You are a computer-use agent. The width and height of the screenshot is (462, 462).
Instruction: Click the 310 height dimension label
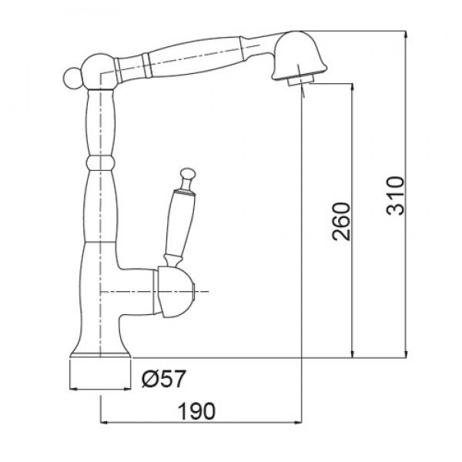point(395,196)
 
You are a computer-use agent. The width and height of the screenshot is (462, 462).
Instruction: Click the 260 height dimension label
point(341,221)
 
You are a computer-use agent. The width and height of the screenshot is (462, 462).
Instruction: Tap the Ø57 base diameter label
point(164,379)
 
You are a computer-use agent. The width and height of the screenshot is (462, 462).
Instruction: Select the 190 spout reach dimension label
point(197,411)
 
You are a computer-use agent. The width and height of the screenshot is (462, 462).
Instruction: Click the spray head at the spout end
point(299,56)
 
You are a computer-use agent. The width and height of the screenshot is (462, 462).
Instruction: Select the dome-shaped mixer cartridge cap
point(175,292)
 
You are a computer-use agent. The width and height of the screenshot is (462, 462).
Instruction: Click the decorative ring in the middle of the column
point(99,163)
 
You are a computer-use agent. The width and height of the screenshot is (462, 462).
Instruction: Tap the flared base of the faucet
point(100,350)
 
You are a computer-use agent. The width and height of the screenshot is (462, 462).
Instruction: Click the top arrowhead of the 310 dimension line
point(407,34)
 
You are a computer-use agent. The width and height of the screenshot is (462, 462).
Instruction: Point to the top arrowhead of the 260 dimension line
point(353,87)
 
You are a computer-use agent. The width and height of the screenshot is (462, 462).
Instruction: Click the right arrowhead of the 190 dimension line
point(298,423)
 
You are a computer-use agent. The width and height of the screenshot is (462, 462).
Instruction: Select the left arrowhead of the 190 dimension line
point(104,423)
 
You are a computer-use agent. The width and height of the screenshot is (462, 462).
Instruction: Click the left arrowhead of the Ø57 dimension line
point(73,389)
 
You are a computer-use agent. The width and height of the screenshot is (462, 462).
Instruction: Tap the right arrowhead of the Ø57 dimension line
point(127,389)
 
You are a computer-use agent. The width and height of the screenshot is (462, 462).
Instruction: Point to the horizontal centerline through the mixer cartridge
point(155,292)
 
